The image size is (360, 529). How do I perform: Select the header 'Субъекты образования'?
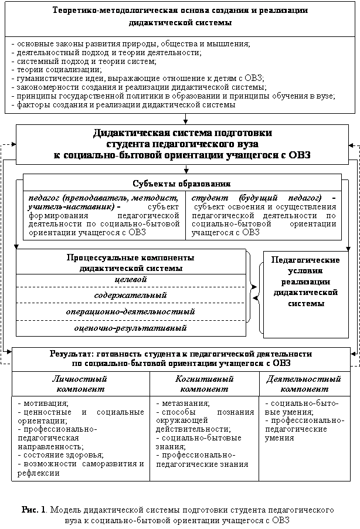pyautogui.click(x=182, y=182)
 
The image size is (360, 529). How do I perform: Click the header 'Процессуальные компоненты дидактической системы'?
pyautogui.click(x=131, y=263)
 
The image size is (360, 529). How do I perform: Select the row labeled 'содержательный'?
pyautogui.click(x=131, y=295)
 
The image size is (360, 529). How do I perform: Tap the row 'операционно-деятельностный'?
pyautogui.click(x=131, y=311)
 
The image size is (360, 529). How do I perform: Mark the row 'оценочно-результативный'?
pyautogui.click(x=131, y=328)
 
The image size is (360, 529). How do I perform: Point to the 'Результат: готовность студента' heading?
pyautogui.click(x=181, y=358)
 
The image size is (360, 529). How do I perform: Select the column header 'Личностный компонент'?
pyautogui.click(x=80, y=384)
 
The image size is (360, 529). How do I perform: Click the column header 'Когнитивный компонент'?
pyautogui.click(x=204, y=384)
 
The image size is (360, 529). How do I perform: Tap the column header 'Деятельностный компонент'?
pyautogui.click(x=304, y=384)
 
